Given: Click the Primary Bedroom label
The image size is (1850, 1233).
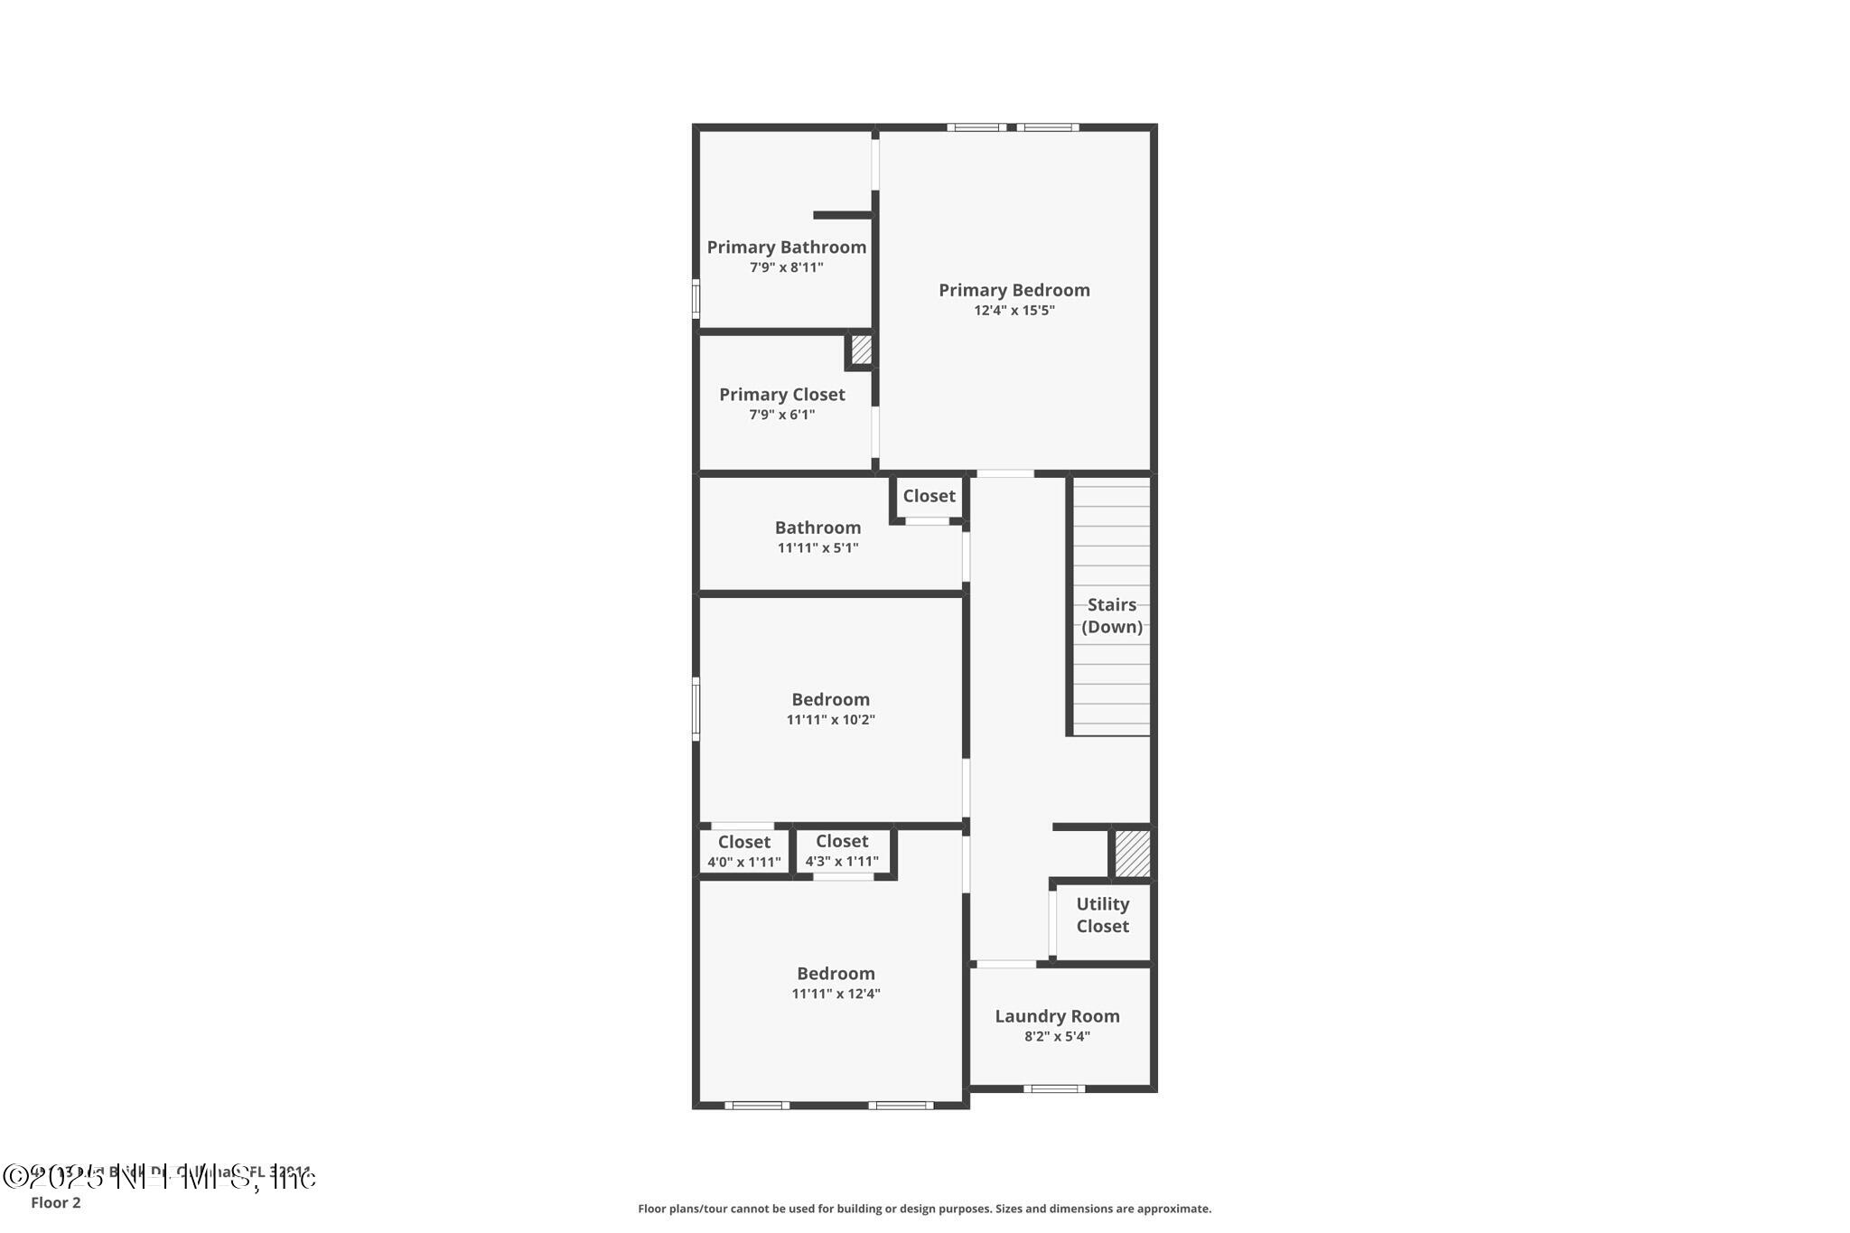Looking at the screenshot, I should pos(1014,290).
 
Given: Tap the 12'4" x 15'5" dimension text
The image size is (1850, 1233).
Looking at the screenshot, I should pos(1014,311).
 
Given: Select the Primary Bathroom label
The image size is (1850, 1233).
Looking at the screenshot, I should pos(786,247).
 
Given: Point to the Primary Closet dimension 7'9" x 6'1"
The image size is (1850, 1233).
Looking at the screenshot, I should pos(781,415).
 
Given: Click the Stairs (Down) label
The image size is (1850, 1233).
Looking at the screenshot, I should pos(1111,615).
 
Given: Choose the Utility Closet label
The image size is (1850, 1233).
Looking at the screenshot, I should pos(1102,915).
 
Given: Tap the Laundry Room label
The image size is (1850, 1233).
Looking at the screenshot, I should pos(1057,1016).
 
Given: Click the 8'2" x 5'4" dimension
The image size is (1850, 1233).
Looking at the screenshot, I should pos(1057,1037).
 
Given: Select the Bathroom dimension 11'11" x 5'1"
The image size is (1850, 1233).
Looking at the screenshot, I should pos(818,548).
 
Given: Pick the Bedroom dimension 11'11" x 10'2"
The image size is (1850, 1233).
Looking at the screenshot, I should pos(830,720).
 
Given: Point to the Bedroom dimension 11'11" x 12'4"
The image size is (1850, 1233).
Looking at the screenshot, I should pos(836,994).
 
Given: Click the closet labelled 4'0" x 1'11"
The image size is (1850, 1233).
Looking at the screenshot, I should pos(743,851).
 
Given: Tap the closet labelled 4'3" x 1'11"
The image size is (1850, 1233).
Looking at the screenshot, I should pos(842,851).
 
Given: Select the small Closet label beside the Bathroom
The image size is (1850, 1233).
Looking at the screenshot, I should pos(929,496).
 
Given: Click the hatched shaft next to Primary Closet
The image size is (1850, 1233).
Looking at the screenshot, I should pos(861,350).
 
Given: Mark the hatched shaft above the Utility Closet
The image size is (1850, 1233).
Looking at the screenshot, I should pos(1132,853).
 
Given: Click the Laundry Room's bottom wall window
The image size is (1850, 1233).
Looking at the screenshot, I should pos(1054,1088).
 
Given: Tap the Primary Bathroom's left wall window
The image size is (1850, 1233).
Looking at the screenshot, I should pos(696,298).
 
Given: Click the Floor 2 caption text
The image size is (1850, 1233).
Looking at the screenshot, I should pos(56,1202).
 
